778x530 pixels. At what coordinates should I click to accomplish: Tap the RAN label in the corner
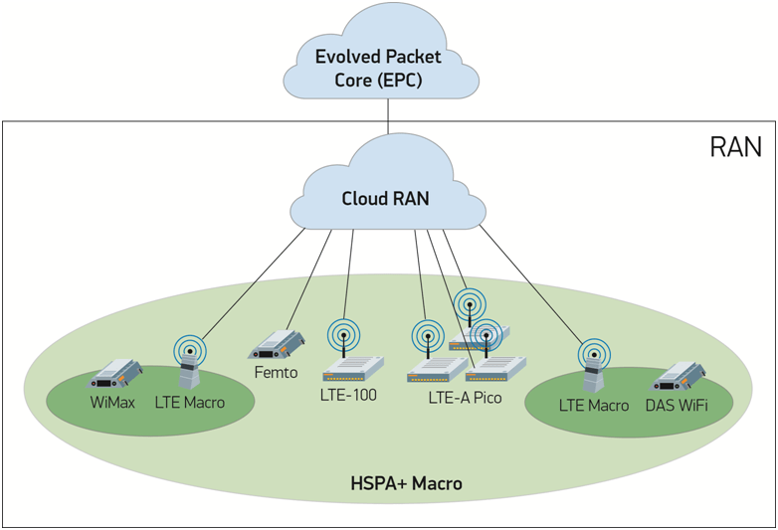click(735, 148)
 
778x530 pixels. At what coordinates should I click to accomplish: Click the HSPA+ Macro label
click(406, 484)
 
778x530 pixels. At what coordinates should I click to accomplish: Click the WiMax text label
click(111, 403)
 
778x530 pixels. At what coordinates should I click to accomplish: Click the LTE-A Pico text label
click(465, 398)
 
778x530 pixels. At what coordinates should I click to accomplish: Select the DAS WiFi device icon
click(679, 377)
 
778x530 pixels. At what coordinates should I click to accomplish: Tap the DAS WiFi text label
click(677, 405)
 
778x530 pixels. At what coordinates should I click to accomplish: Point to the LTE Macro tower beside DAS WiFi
click(594, 370)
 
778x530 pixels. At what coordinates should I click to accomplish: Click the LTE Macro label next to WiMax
click(189, 403)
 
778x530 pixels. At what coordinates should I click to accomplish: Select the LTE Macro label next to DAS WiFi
click(594, 405)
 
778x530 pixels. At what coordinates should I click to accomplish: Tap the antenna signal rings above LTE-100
click(343, 334)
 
